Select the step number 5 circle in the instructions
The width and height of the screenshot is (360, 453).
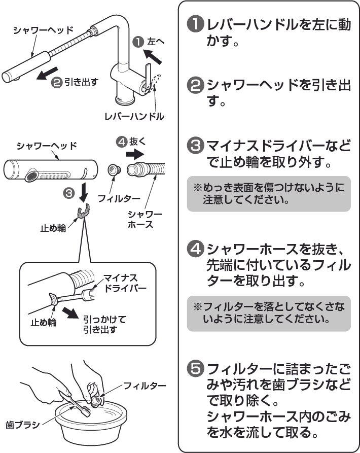pos(196,368)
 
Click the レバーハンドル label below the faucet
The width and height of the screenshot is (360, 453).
pos(134,116)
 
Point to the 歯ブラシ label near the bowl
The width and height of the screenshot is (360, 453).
pos(22,425)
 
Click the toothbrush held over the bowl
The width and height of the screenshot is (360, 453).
pos(79,405)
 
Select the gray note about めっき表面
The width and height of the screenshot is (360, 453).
pos(269,193)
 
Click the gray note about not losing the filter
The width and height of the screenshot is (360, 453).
pos(269,313)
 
